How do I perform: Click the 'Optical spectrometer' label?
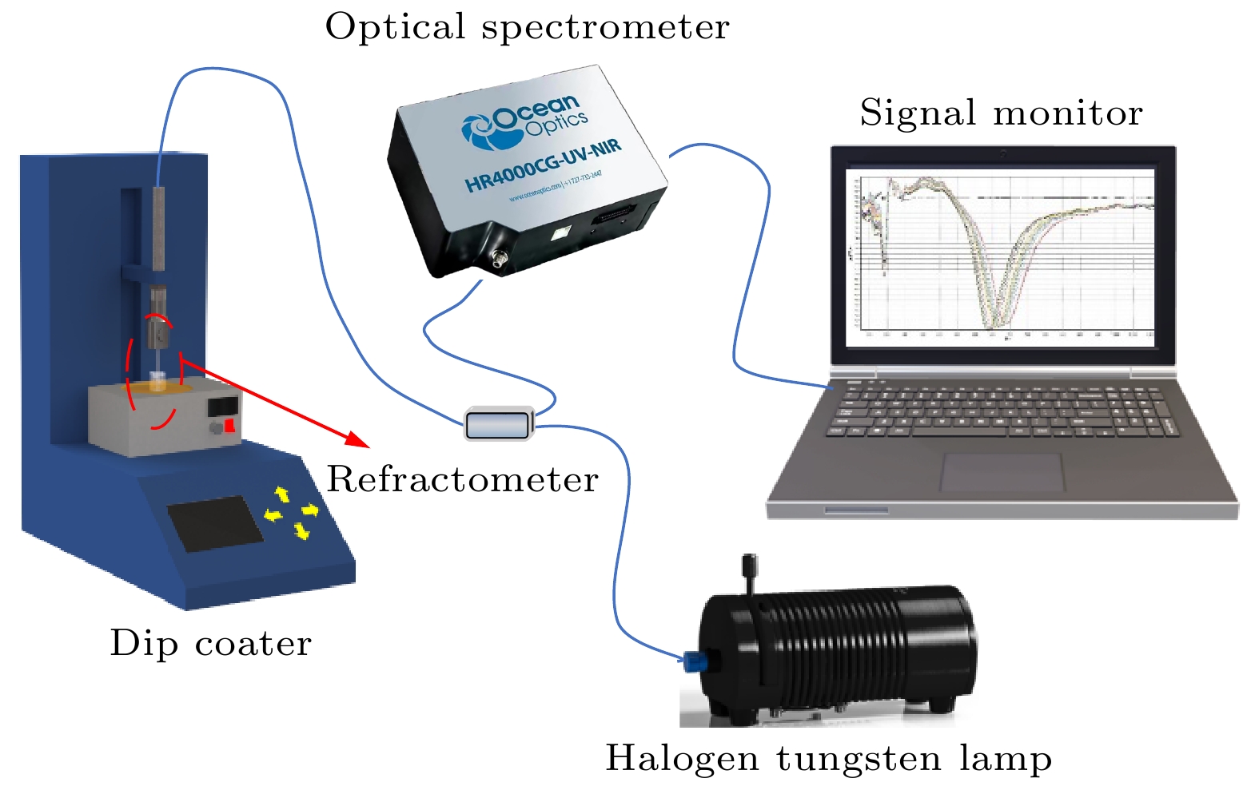pyautogui.click(x=527, y=28)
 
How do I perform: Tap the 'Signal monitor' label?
pyautogui.click(x=1001, y=113)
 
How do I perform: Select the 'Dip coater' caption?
pyautogui.click(x=210, y=644)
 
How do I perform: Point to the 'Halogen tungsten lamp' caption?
pyautogui.click(x=828, y=758)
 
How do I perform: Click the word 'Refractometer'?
pyautogui.click(x=462, y=480)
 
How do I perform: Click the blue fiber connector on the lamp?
pyautogui.click(x=693, y=661)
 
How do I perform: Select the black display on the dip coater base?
pyautogui.click(x=215, y=523)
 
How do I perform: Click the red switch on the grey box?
pyautogui.click(x=229, y=425)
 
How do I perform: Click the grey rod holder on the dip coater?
pyautogui.click(x=158, y=228)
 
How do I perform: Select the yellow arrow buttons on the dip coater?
pyautogui.click(x=292, y=512)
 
